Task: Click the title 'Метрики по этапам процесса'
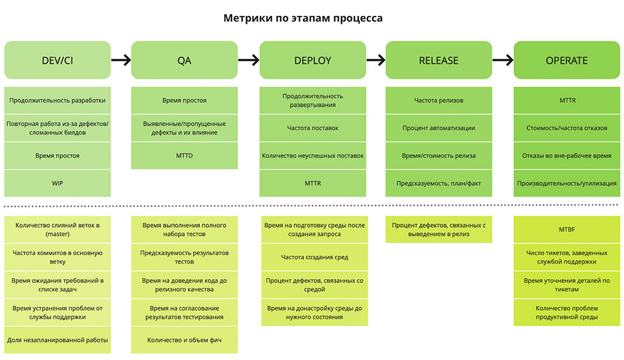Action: point(303,18)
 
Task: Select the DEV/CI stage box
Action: point(58,60)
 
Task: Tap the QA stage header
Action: point(184,60)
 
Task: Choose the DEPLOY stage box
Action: point(313,60)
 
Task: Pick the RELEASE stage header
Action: point(438,60)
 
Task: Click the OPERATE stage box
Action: point(566,60)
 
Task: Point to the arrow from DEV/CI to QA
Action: point(121,60)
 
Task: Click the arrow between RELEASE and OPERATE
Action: point(503,60)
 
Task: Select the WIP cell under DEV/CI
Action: point(58,183)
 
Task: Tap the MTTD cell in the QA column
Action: point(184,156)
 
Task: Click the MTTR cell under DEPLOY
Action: point(313,183)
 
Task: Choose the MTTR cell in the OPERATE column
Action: point(566,101)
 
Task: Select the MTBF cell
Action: point(566,230)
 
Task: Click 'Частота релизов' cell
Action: point(438,101)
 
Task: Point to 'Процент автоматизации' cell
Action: point(438,128)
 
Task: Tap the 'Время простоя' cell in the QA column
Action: point(184,101)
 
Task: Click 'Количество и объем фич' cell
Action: point(184,340)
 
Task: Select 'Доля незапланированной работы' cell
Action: point(58,340)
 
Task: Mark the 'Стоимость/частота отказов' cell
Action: point(566,128)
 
